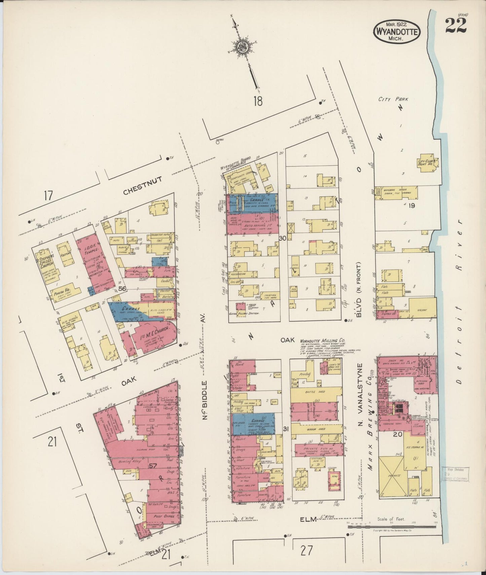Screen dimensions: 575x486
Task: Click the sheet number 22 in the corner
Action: point(456,26)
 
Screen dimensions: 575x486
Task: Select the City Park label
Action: point(393,99)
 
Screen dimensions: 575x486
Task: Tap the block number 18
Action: point(258,101)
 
